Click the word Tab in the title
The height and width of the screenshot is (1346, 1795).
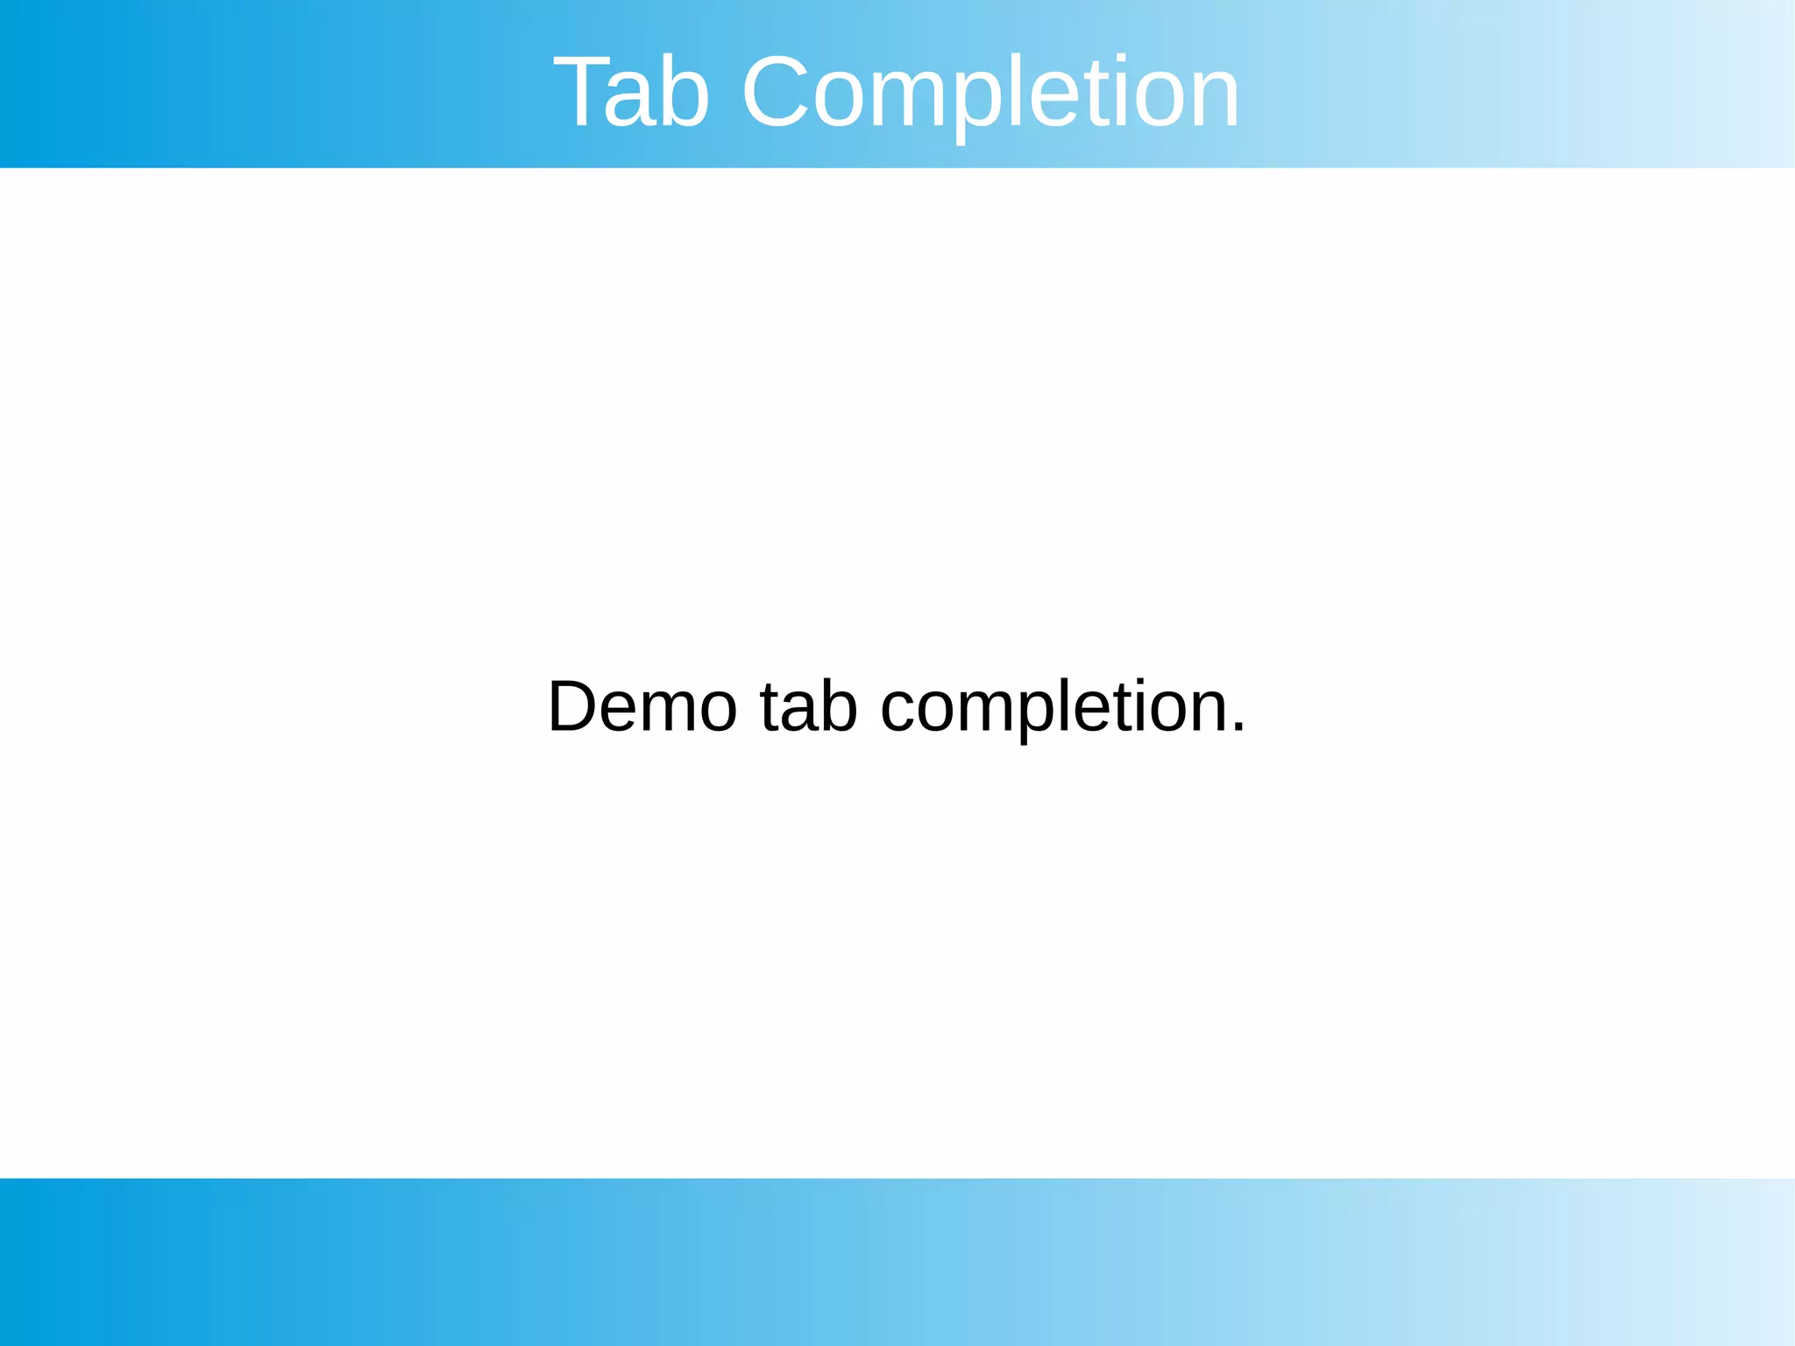(631, 93)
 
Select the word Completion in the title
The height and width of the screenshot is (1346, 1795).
(990, 93)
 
